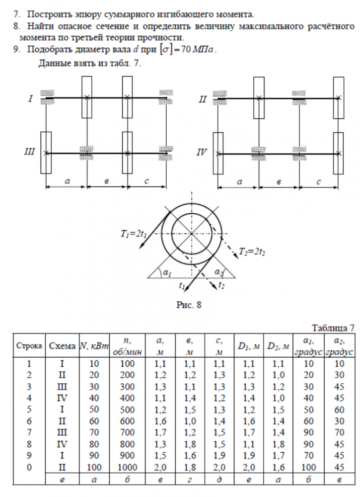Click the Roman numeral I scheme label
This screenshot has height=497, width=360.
(x=30, y=99)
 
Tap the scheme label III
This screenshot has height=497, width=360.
(x=29, y=152)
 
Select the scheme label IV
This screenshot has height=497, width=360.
(x=202, y=153)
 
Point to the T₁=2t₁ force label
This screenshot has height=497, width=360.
(x=134, y=234)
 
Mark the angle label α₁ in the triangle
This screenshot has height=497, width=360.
(x=167, y=272)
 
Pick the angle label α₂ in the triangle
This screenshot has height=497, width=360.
(x=219, y=272)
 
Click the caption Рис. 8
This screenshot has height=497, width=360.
(x=189, y=305)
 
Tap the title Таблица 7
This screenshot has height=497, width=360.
(x=333, y=328)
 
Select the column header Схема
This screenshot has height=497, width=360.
(x=62, y=345)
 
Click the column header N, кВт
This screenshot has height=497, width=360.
(x=94, y=345)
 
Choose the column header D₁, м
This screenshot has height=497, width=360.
(x=249, y=346)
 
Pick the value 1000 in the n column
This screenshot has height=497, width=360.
(x=127, y=467)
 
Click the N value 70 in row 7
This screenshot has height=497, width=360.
(x=94, y=432)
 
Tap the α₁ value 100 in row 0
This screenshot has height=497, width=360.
(x=308, y=467)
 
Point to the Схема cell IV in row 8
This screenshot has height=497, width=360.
(x=62, y=444)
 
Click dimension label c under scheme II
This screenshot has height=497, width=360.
(x=318, y=181)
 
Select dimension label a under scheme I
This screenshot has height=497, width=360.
(x=67, y=181)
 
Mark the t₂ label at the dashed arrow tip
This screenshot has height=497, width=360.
(x=221, y=285)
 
